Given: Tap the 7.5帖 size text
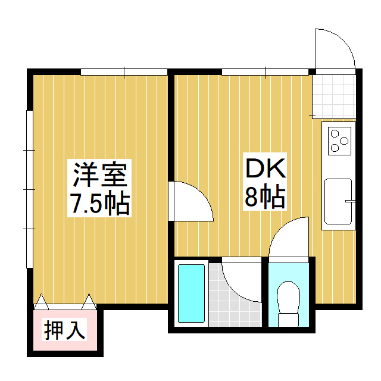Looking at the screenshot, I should (x=100, y=204).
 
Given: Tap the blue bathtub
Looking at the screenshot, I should (x=191, y=293).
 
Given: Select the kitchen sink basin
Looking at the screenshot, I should (x=338, y=202).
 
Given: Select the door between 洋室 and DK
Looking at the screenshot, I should (x=190, y=201).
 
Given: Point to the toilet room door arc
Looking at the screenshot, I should (x=289, y=238).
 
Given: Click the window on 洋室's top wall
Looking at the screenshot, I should (x=124, y=73).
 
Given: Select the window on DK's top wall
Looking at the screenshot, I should (x=265, y=73).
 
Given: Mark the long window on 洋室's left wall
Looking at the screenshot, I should (x=29, y=189).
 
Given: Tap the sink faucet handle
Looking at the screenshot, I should (x=350, y=202).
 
